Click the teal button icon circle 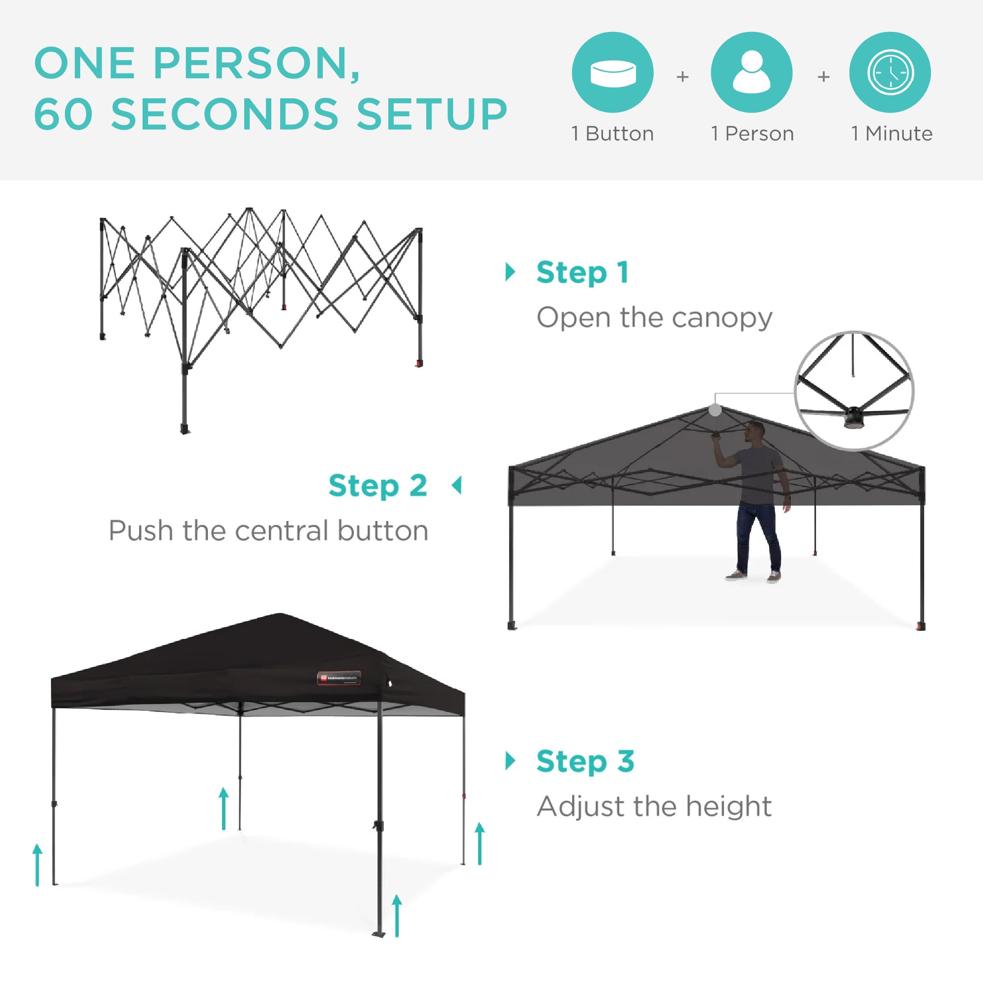tap(612, 72)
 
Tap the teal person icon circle tap(752, 72)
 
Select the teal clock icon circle tap(890, 72)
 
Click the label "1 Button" tap(612, 134)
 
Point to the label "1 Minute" tap(892, 134)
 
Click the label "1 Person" tap(752, 134)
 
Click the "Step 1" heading tap(582, 273)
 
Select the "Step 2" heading tap(377, 486)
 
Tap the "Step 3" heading tap(585, 762)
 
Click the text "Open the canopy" tap(654, 318)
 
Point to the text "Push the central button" tap(268, 531)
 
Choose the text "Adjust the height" tap(654, 807)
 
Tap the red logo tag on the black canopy tap(339, 678)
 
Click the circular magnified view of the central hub tap(854, 391)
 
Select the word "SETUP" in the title tap(432, 114)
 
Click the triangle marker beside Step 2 tap(457, 486)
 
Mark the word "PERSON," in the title tap(257, 63)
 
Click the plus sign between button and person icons tap(682, 77)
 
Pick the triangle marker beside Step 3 tap(510, 761)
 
